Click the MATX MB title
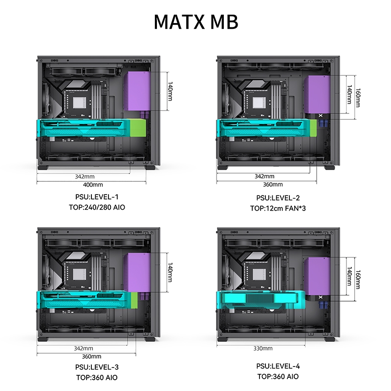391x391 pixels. (x=195, y=22)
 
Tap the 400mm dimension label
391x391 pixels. (x=92, y=185)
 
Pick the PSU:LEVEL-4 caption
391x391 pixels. (x=278, y=366)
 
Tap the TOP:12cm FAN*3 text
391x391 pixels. (x=278, y=209)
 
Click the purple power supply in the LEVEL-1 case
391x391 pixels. (x=141, y=91)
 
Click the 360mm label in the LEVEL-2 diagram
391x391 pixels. (x=273, y=185)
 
